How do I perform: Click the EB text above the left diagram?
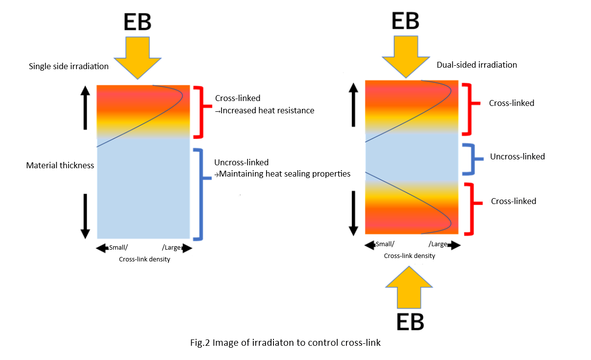click(138, 22)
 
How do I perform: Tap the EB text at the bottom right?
click(410, 322)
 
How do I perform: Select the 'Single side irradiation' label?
click(69, 66)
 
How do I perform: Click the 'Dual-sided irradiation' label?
click(477, 65)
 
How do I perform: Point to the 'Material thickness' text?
click(60, 165)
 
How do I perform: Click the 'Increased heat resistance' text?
click(267, 110)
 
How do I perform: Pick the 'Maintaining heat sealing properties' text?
click(285, 174)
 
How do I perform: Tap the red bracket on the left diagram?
click(202, 112)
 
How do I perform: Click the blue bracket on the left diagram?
click(202, 195)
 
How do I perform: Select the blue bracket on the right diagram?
click(473, 159)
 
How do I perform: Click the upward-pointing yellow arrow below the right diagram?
click(409, 287)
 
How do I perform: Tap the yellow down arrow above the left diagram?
click(138, 58)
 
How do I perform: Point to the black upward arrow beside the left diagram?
click(85, 107)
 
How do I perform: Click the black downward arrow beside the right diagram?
click(353, 213)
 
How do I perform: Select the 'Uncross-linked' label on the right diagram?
click(517, 156)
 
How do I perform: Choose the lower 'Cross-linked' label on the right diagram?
click(514, 201)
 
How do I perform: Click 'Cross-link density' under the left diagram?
click(145, 259)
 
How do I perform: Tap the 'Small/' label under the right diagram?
click(385, 244)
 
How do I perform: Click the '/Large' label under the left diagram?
click(171, 248)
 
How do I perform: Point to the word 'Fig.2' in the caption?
click(200, 343)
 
